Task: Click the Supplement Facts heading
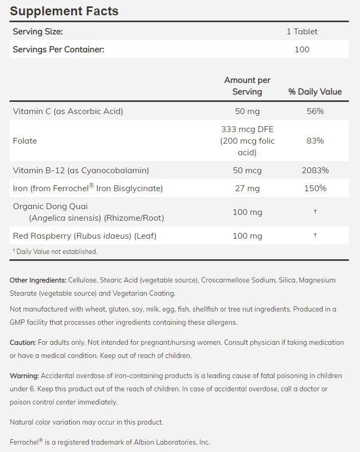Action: tap(64, 11)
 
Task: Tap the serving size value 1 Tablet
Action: tap(302, 32)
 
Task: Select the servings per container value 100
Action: tap(302, 50)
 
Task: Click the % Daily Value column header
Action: tap(315, 92)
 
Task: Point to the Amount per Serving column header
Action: tap(247, 86)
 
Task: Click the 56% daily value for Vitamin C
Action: tap(315, 111)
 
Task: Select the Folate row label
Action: tap(25, 141)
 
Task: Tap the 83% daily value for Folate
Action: tap(315, 141)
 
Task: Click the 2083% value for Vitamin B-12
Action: tap(315, 171)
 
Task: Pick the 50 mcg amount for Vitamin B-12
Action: tap(247, 171)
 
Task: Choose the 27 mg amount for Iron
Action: tap(247, 189)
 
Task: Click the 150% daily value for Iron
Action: tap(315, 189)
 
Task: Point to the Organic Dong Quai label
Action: tap(50, 206)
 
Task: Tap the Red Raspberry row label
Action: tap(84, 236)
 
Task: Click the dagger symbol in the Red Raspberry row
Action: tap(315, 236)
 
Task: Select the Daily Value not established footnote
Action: tap(55, 252)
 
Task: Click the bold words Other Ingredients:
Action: tap(38, 280)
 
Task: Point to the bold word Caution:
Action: tap(23, 343)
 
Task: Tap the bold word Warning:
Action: tap(24, 376)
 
